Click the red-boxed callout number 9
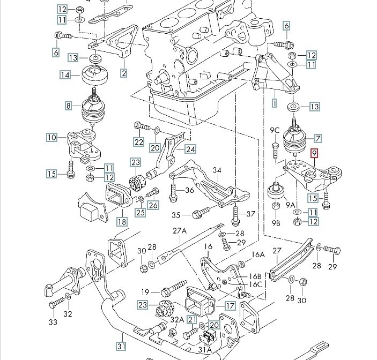point(314,153)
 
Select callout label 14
point(65,75)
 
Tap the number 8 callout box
point(69,106)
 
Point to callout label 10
point(52,137)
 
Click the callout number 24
point(190,149)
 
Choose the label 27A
point(180,231)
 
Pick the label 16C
point(255,284)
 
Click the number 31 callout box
point(121,346)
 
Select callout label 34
point(217,170)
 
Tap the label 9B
point(276,223)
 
